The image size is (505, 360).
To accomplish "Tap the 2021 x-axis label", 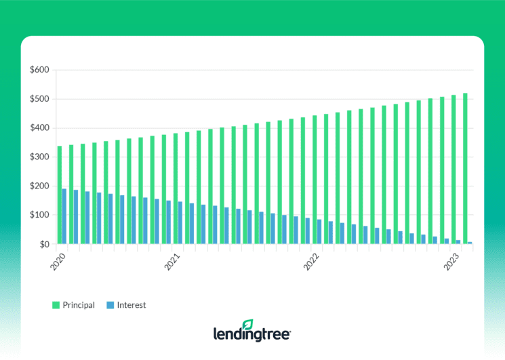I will click(172, 261).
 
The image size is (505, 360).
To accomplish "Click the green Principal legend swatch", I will click(56, 305).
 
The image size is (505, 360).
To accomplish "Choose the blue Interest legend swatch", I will click(110, 305).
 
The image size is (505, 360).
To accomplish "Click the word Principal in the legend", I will click(79, 305).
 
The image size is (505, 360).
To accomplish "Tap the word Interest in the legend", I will click(132, 305).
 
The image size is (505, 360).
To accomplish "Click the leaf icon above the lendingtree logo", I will click(248, 325).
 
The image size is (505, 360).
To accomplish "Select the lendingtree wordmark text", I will click(252, 334).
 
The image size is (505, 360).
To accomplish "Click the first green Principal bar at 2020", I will click(60, 195).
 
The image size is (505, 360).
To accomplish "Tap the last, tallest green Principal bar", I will click(465, 169).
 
